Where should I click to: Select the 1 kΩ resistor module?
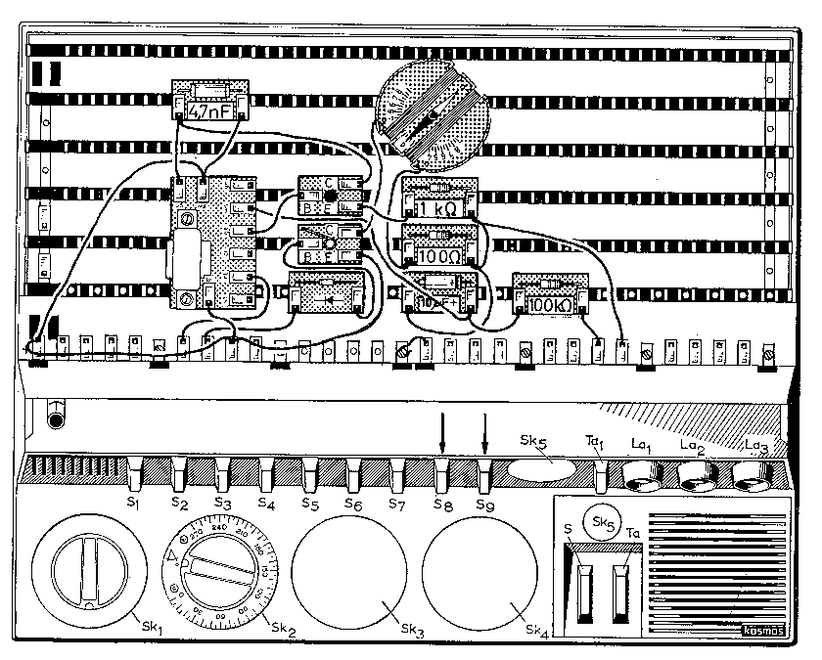click(x=439, y=201)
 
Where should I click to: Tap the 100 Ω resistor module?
click(x=439, y=248)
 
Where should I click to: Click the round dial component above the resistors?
click(x=432, y=116)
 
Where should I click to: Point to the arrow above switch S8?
click(x=441, y=431)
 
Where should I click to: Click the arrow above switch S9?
click(x=485, y=431)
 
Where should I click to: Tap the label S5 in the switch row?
click(x=309, y=504)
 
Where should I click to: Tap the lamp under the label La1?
click(x=642, y=476)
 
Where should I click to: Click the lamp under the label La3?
click(x=753, y=476)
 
